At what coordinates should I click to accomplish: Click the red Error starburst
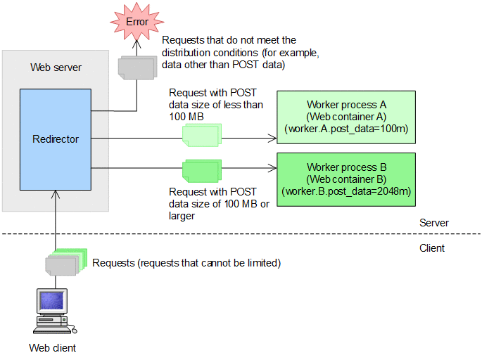(x=137, y=22)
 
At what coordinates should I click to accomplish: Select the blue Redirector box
(x=56, y=139)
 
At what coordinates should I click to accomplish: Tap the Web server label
(x=56, y=67)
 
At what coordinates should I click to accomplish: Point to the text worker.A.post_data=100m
(x=346, y=129)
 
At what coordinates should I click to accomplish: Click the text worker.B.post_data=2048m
(x=346, y=191)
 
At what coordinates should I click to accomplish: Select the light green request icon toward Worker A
(x=203, y=134)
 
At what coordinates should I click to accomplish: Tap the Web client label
(x=52, y=348)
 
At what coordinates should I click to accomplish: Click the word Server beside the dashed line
(x=434, y=223)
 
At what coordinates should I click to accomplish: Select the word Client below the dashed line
(x=432, y=248)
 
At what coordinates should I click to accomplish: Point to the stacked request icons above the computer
(x=65, y=262)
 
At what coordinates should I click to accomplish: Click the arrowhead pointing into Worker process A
(x=274, y=139)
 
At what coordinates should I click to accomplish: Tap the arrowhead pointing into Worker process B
(x=274, y=169)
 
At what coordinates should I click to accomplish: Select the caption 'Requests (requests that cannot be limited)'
(x=186, y=263)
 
